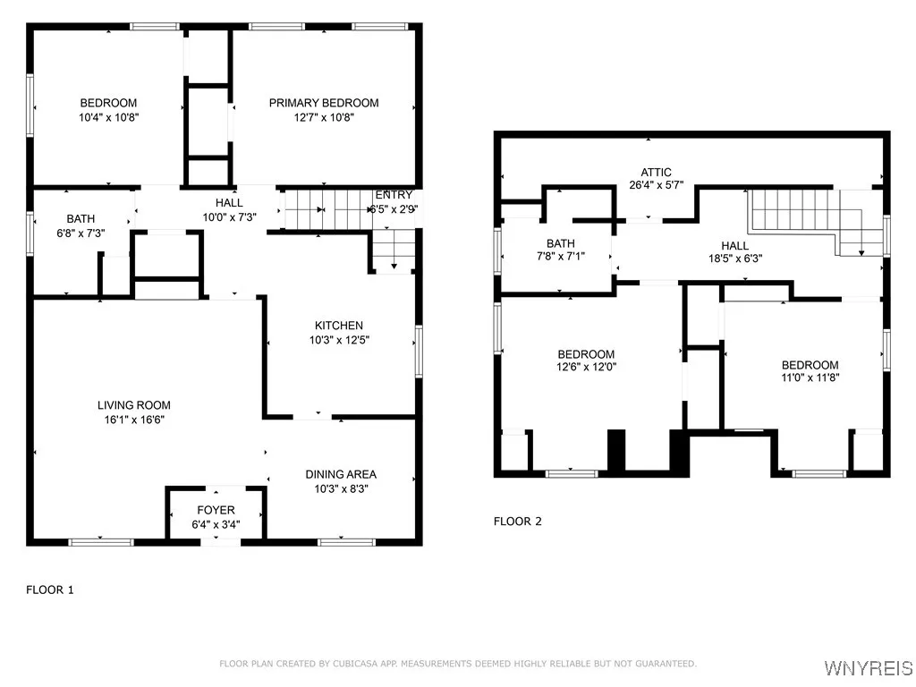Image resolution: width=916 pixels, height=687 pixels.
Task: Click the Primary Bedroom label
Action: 324,103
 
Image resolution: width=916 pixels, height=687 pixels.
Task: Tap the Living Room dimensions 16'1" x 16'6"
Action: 134,420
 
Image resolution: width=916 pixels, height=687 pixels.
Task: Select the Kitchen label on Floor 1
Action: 339,326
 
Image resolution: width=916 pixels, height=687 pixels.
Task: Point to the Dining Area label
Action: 341,474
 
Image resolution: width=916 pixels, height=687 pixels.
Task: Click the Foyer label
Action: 216,510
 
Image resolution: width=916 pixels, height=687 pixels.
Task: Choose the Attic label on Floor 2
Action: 656,173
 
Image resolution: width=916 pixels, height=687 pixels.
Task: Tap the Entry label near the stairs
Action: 394,194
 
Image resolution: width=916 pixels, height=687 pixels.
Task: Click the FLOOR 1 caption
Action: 50,590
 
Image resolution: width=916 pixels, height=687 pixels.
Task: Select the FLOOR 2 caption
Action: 518,522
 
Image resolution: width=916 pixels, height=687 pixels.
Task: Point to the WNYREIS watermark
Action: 868,667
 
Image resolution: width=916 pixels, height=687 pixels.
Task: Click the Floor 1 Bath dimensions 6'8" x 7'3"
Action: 81,233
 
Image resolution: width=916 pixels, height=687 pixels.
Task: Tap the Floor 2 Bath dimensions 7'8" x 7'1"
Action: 561,256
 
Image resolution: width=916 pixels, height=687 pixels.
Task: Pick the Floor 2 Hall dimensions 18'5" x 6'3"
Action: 735,259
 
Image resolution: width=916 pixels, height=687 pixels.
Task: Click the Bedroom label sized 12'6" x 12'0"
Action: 586,354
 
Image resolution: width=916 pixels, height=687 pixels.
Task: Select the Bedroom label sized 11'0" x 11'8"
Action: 810,365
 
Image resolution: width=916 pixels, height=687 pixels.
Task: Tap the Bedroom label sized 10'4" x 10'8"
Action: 108,103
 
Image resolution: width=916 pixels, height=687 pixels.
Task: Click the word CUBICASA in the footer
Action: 355,664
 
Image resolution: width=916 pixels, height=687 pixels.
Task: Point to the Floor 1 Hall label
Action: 229,203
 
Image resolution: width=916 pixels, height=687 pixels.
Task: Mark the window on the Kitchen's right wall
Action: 419,351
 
